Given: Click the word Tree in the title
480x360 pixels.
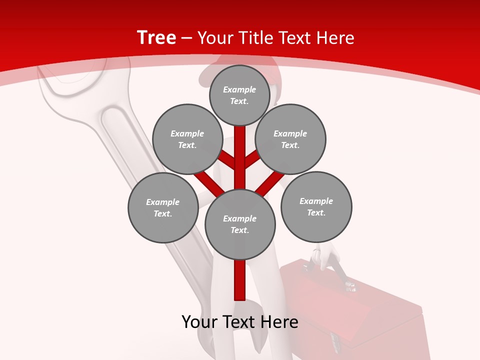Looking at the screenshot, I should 156,37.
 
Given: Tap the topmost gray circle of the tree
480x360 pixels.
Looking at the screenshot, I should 239,95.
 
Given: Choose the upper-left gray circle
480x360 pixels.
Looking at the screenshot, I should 187,139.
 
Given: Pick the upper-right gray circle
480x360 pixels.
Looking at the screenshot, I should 290,139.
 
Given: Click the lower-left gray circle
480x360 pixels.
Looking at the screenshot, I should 163,207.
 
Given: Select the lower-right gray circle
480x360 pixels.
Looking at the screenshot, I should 316,206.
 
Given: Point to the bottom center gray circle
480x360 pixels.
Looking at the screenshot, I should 240,224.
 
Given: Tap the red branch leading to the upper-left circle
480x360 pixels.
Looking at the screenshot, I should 227,160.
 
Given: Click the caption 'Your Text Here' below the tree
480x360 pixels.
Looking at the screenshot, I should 240,322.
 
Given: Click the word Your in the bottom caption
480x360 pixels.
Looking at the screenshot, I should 199,322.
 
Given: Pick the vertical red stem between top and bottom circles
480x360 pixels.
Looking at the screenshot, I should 240,155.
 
